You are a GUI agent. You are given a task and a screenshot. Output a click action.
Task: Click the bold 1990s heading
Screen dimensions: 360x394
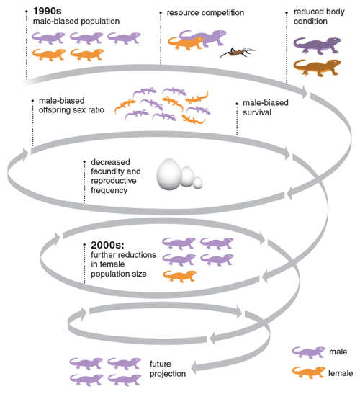point(48,11)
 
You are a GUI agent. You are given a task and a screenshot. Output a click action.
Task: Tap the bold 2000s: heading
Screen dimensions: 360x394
point(107,245)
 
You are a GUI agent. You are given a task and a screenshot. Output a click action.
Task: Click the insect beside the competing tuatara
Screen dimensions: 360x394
point(237,53)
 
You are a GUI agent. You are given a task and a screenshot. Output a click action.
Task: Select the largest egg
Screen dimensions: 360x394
point(169,174)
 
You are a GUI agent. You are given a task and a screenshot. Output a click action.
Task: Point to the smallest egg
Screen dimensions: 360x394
point(198,183)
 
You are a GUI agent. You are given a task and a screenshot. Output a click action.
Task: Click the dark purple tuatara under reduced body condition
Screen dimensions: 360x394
point(317,45)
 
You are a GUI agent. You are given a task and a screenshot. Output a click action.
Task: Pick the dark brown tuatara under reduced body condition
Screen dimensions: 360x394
point(317,68)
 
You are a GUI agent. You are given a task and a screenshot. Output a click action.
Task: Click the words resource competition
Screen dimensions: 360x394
point(205,12)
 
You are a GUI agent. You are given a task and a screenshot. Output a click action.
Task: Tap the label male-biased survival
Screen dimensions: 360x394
point(265,107)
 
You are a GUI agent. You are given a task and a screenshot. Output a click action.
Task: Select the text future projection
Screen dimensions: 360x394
point(168,369)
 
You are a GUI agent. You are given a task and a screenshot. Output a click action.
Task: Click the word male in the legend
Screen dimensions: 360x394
point(338,352)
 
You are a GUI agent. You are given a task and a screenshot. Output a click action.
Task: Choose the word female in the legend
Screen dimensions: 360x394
point(341,373)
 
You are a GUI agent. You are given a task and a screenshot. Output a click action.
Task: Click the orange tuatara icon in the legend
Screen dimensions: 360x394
point(308,372)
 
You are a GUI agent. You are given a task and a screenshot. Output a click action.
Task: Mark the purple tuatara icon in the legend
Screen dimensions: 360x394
point(308,352)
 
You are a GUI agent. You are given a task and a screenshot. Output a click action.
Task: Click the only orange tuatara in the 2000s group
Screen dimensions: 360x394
point(179,276)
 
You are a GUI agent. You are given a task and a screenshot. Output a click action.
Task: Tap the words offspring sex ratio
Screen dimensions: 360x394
point(71,110)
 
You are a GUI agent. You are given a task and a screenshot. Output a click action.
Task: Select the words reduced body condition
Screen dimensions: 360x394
point(319,17)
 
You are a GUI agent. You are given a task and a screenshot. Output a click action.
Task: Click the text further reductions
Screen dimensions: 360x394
point(123,255)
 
